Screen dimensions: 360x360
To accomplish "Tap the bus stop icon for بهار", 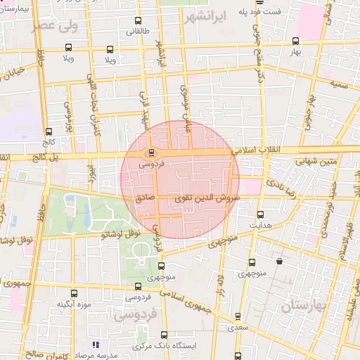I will [x=295, y=40].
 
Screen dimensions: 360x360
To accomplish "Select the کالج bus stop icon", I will [x=49, y=131].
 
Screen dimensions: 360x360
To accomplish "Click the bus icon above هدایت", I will [x=261, y=214].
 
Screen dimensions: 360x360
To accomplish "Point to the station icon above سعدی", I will [x=238, y=316].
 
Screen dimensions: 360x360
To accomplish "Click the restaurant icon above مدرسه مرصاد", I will [x=96, y=345].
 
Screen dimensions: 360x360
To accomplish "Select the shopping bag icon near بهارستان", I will [x=280, y=261].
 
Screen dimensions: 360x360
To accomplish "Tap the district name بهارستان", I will [x=306, y=306].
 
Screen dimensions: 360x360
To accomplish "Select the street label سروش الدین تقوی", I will [x=211, y=199].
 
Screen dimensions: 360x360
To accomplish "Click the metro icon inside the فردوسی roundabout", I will [x=151, y=153].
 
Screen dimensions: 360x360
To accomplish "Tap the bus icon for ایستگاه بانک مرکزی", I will [x=164, y=335].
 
